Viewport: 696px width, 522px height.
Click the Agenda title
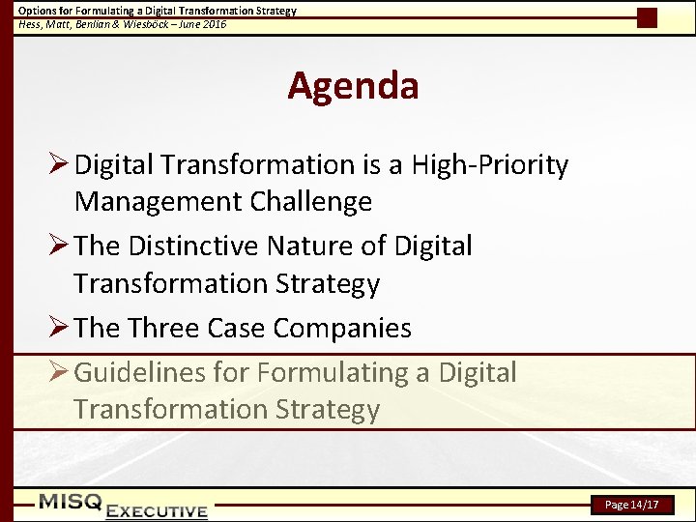pyautogui.click(x=353, y=86)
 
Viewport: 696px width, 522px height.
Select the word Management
pyautogui.click(x=156, y=202)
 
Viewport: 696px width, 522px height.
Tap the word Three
pyautogui.click(x=169, y=328)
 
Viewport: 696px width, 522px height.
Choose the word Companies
pyautogui.click(x=342, y=328)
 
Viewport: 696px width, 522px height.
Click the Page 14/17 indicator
pyautogui.click(x=632, y=505)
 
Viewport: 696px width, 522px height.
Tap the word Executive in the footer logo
pyautogui.click(x=157, y=511)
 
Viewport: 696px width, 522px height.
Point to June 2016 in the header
pyautogui.click(x=203, y=23)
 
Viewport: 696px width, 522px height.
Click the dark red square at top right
pyautogui.click(x=647, y=17)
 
